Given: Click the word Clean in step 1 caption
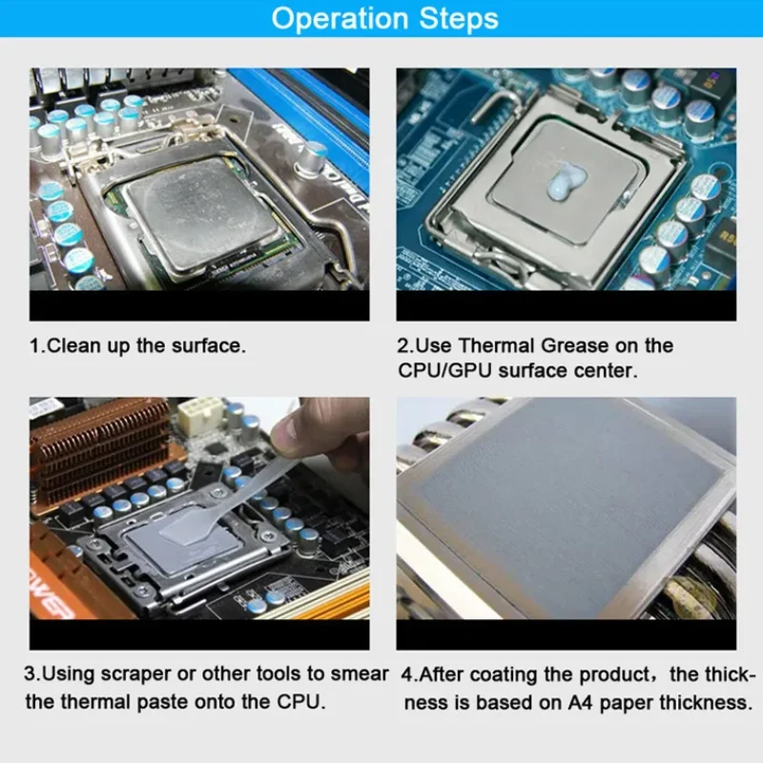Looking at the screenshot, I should (x=72, y=346).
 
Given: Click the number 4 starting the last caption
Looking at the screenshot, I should (x=404, y=674).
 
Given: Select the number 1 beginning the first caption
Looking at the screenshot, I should (x=34, y=346).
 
